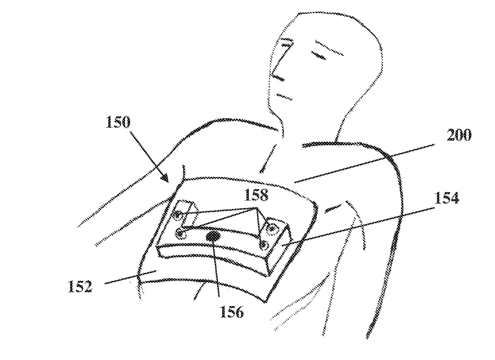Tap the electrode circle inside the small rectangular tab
[x=176, y=216]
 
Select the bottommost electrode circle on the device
[x=263, y=245]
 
